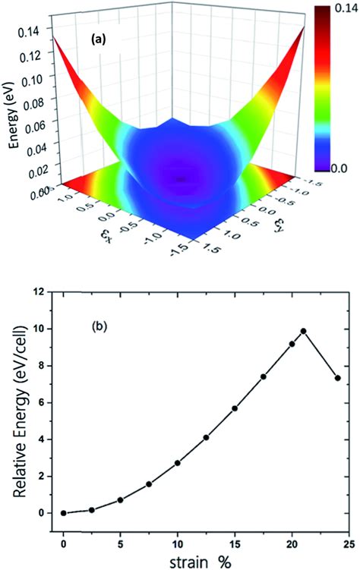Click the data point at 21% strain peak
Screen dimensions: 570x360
point(303,331)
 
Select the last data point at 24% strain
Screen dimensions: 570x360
point(337,378)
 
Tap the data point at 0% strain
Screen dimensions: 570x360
point(64,513)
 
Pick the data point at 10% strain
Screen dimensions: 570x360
point(178,463)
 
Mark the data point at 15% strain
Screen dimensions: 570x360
point(235,408)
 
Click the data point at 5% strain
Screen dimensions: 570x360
point(121,500)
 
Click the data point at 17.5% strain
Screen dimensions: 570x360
point(264,376)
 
